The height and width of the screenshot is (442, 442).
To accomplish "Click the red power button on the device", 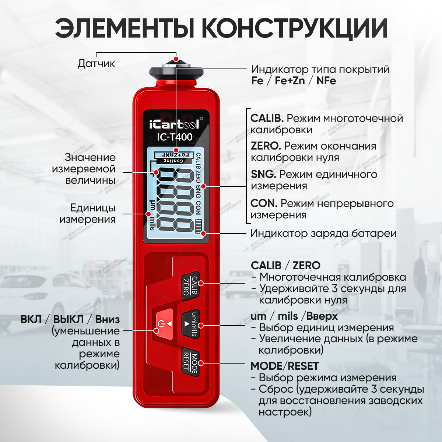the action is pos(164,324).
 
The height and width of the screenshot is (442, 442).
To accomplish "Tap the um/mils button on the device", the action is pos(190,324).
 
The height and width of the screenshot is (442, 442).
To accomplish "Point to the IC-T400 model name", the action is pos(175,137).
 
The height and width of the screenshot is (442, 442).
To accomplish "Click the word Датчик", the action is pos(97,63).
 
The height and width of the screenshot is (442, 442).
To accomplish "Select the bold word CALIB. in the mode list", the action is pos(267,118).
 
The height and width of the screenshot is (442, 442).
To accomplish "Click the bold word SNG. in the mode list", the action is pos(263,174).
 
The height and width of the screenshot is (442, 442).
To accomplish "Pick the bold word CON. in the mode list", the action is pos(264,203).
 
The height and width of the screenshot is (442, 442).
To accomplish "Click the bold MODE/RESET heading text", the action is pos(285,366).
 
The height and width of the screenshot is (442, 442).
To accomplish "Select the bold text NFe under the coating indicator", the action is pos(326,81).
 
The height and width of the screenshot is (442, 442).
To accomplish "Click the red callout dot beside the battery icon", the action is pos(203,234).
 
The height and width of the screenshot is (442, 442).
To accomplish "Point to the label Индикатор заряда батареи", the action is pos(323,234).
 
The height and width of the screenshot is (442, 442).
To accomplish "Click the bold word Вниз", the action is pos(107,319).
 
